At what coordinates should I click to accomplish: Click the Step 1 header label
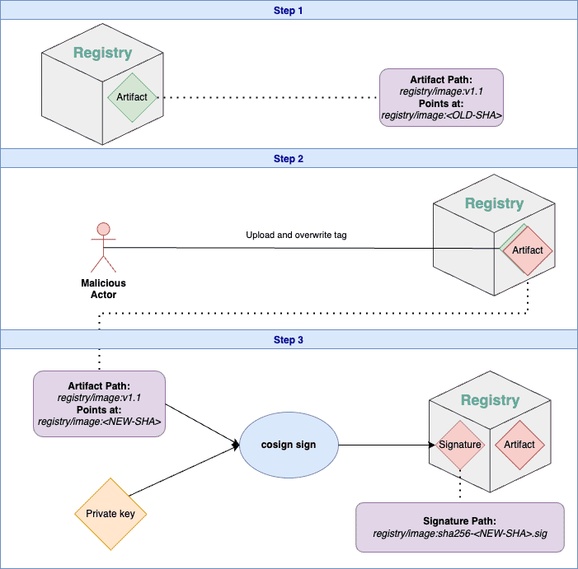[289, 10]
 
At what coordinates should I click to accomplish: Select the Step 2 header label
[289, 158]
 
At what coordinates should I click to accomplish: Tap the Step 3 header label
[289, 339]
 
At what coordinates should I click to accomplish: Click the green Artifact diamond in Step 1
[132, 97]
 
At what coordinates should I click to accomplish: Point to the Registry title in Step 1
[102, 53]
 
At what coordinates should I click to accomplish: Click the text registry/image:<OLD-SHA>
[441, 117]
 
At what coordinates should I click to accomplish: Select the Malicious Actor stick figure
[103, 247]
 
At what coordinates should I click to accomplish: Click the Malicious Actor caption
[103, 288]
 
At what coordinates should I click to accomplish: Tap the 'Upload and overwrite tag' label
[296, 236]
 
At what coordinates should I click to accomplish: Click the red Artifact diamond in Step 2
[528, 250]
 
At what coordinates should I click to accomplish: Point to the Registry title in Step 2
[494, 203]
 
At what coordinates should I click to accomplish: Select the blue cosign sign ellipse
[289, 445]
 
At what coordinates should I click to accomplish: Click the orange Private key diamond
[115, 514]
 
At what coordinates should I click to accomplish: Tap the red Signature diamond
[459, 445]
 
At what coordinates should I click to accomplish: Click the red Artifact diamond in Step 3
[519, 445]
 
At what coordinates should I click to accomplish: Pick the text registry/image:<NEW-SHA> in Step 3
[99, 422]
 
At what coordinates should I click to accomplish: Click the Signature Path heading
[459, 520]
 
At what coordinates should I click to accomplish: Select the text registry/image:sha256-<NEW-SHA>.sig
[459, 534]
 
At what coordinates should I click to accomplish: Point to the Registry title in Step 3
[490, 401]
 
